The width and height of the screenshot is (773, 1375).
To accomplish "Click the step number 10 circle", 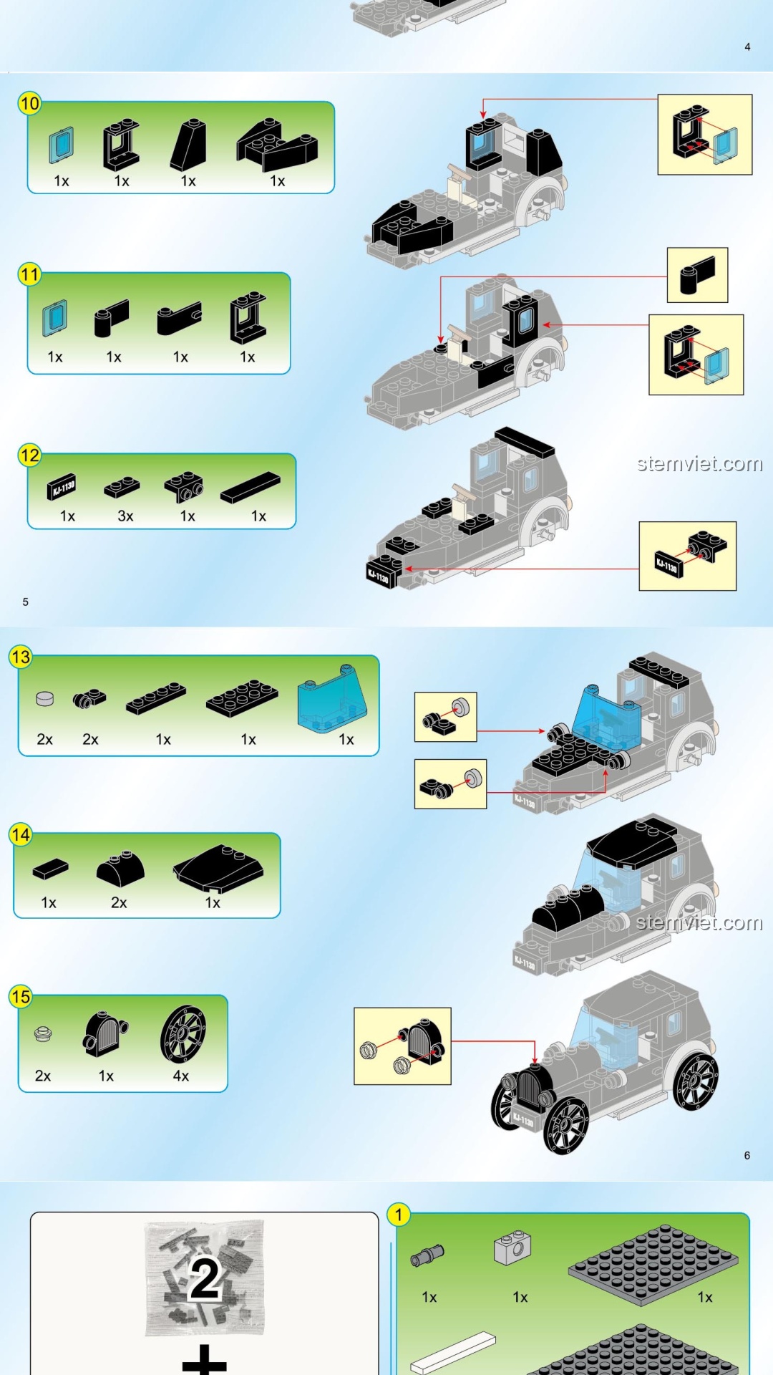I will click(x=29, y=104).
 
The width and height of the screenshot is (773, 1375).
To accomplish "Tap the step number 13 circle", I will click(x=21, y=657).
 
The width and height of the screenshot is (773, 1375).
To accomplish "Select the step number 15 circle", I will click(x=21, y=997).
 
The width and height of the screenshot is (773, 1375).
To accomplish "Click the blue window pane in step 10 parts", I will click(x=62, y=145).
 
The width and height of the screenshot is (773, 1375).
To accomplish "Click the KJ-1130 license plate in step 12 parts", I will click(x=62, y=488).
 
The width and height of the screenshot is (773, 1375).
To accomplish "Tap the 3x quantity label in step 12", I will click(x=125, y=516).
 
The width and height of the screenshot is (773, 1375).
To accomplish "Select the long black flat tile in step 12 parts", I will click(x=251, y=487).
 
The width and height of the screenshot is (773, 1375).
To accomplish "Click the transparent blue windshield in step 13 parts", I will click(x=331, y=698).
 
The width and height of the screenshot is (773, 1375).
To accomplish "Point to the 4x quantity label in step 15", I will click(x=181, y=1076).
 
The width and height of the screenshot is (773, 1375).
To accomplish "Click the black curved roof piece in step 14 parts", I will click(x=218, y=868).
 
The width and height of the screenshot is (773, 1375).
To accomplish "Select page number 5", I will click(x=26, y=602).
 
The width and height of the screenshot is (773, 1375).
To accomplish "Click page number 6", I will click(x=747, y=1155).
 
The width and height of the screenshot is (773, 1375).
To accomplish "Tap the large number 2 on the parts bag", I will click(x=205, y=1279).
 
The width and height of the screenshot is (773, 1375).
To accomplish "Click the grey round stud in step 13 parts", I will click(x=44, y=698).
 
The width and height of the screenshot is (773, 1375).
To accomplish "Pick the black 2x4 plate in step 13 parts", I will click(x=242, y=698).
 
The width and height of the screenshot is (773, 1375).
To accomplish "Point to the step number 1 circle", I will click(x=399, y=1215).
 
